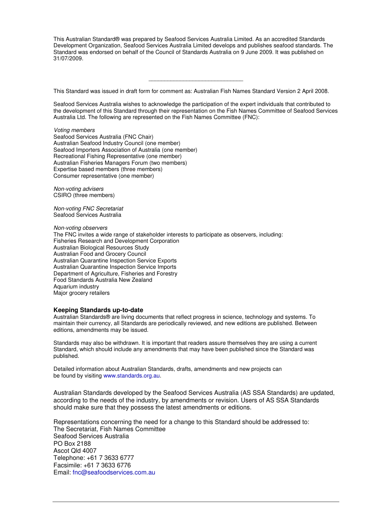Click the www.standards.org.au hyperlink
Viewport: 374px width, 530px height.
click(x=131, y=376)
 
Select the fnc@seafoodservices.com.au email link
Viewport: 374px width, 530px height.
click(x=114, y=472)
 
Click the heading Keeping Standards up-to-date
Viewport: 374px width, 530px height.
click(x=98, y=310)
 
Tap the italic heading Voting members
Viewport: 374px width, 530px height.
click(x=74, y=130)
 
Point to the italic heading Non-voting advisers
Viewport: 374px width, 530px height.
click(x=79, y=189)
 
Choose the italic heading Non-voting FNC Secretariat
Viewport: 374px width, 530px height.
click(x=88, y=208)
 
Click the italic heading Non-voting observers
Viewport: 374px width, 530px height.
click(x=80, y=228)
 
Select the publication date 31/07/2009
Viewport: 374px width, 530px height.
click(x=68, y=59)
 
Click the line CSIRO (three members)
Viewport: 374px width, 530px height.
click(x=84, y=195)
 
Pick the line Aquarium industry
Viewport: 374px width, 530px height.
click(x=76, y=286)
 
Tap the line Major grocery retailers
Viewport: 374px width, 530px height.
click(x=81, y=293)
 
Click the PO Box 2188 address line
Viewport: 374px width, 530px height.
click(x=72, y=443)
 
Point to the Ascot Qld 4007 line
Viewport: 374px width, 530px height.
click(x=75, y=451)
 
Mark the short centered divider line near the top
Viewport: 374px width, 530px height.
click(x=196, y=81)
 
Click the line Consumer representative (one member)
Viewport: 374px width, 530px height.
click(x=104, y=176)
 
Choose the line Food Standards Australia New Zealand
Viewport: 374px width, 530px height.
click(x=103, y=280)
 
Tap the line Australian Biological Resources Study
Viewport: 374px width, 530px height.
click(x=101, y=247)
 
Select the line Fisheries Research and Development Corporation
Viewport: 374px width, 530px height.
click(x=116, y=241)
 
